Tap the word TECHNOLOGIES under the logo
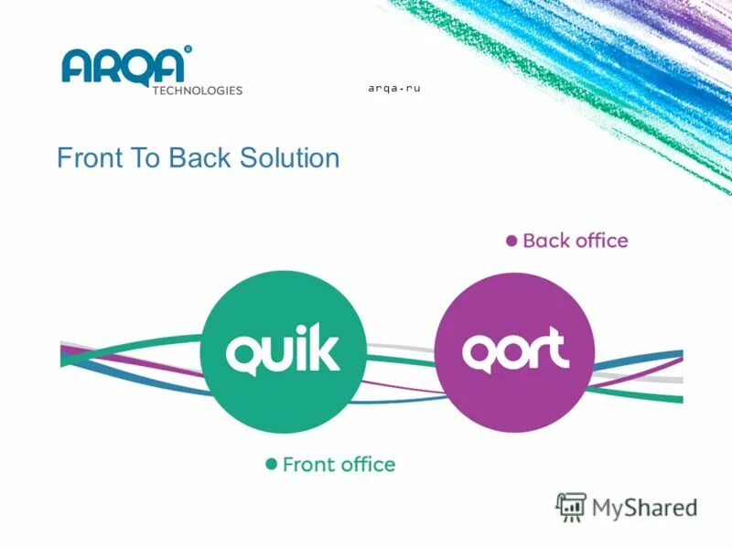pos(197,91)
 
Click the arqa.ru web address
pos(393,88)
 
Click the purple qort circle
pos(513,352)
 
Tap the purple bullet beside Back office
pos(512,242)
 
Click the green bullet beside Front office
pos(271,465)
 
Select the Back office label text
pos(576,242)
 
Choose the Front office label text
pos(339,465)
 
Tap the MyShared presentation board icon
pos(572,507)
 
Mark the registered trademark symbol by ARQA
pos(188,48)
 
